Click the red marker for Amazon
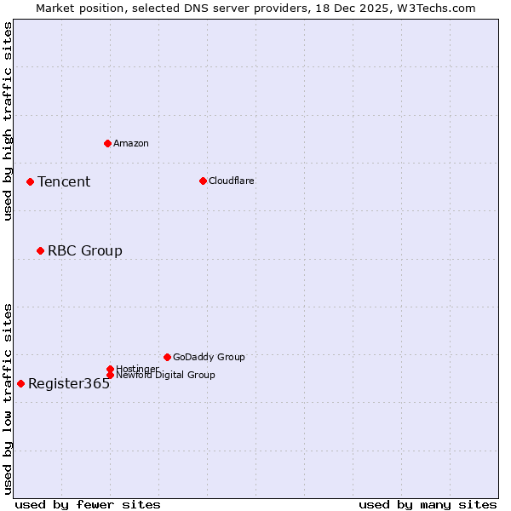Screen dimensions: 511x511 pos(107,143)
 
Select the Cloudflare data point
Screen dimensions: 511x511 pos(203,181)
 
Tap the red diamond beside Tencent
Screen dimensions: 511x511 pos(30,181)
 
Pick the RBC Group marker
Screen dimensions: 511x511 pos(40,250)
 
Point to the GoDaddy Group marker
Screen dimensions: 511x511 pos(167,357)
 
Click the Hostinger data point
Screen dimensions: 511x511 pos(110,369)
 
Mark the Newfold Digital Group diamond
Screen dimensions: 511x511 pos(110,376)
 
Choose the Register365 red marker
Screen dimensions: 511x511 pos(20,383)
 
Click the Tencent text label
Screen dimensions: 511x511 pos(64,181)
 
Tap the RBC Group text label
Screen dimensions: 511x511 pos(85,250)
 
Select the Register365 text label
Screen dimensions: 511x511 pos(69,383)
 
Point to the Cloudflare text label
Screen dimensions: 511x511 pos(232,181)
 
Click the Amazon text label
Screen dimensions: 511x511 pos(131,143)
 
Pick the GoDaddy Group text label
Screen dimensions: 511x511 pos(209,357)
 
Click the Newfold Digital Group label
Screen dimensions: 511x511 pos(165,376)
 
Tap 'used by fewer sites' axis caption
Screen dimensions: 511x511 pos(88,504)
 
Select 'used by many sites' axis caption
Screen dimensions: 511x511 pos(428,504)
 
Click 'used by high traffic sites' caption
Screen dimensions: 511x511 pos(9,121)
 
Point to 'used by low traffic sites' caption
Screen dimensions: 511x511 pos(9,398)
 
